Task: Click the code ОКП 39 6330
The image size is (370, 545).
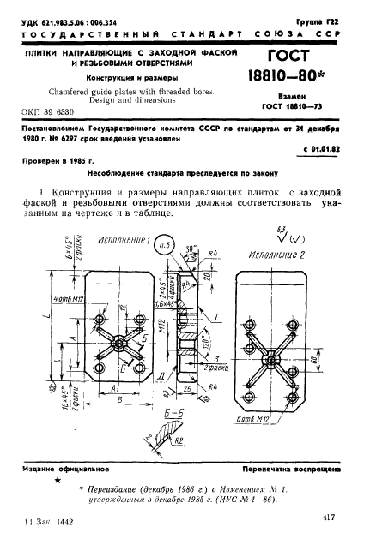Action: [x=50, y=112]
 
